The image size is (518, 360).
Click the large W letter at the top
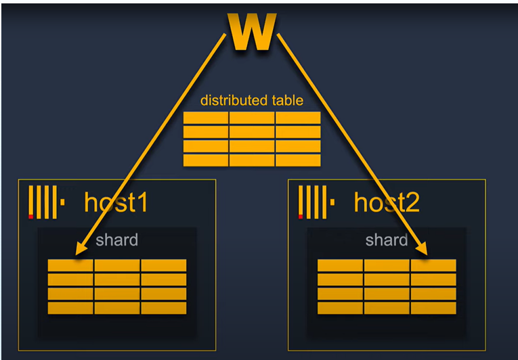(252, 32)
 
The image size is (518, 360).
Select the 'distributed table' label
(251, 100)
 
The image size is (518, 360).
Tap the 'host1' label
(115, 202)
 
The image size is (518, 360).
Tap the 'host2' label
(386, 202)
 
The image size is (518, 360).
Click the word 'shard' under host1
(116, 240)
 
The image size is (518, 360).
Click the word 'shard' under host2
(386, 240)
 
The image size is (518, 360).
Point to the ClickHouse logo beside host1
(46, 203)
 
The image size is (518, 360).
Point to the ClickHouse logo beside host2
(316, 203)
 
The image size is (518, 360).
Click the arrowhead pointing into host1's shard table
(80, 250)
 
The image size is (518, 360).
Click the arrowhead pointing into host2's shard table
(424, 251)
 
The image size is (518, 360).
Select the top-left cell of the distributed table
(206, 118)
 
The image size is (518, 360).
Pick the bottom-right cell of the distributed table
(298, 160)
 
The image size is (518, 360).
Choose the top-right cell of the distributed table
(298, 118)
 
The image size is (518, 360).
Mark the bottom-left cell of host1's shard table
(70, 308)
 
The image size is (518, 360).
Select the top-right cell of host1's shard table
(163, 265)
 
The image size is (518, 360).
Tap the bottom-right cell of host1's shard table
(163, 308)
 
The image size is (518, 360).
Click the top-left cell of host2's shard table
(340, 265)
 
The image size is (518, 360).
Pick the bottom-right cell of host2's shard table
(433, 308)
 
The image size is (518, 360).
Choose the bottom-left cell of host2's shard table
(340, 308)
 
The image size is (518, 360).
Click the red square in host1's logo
(30, 217)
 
